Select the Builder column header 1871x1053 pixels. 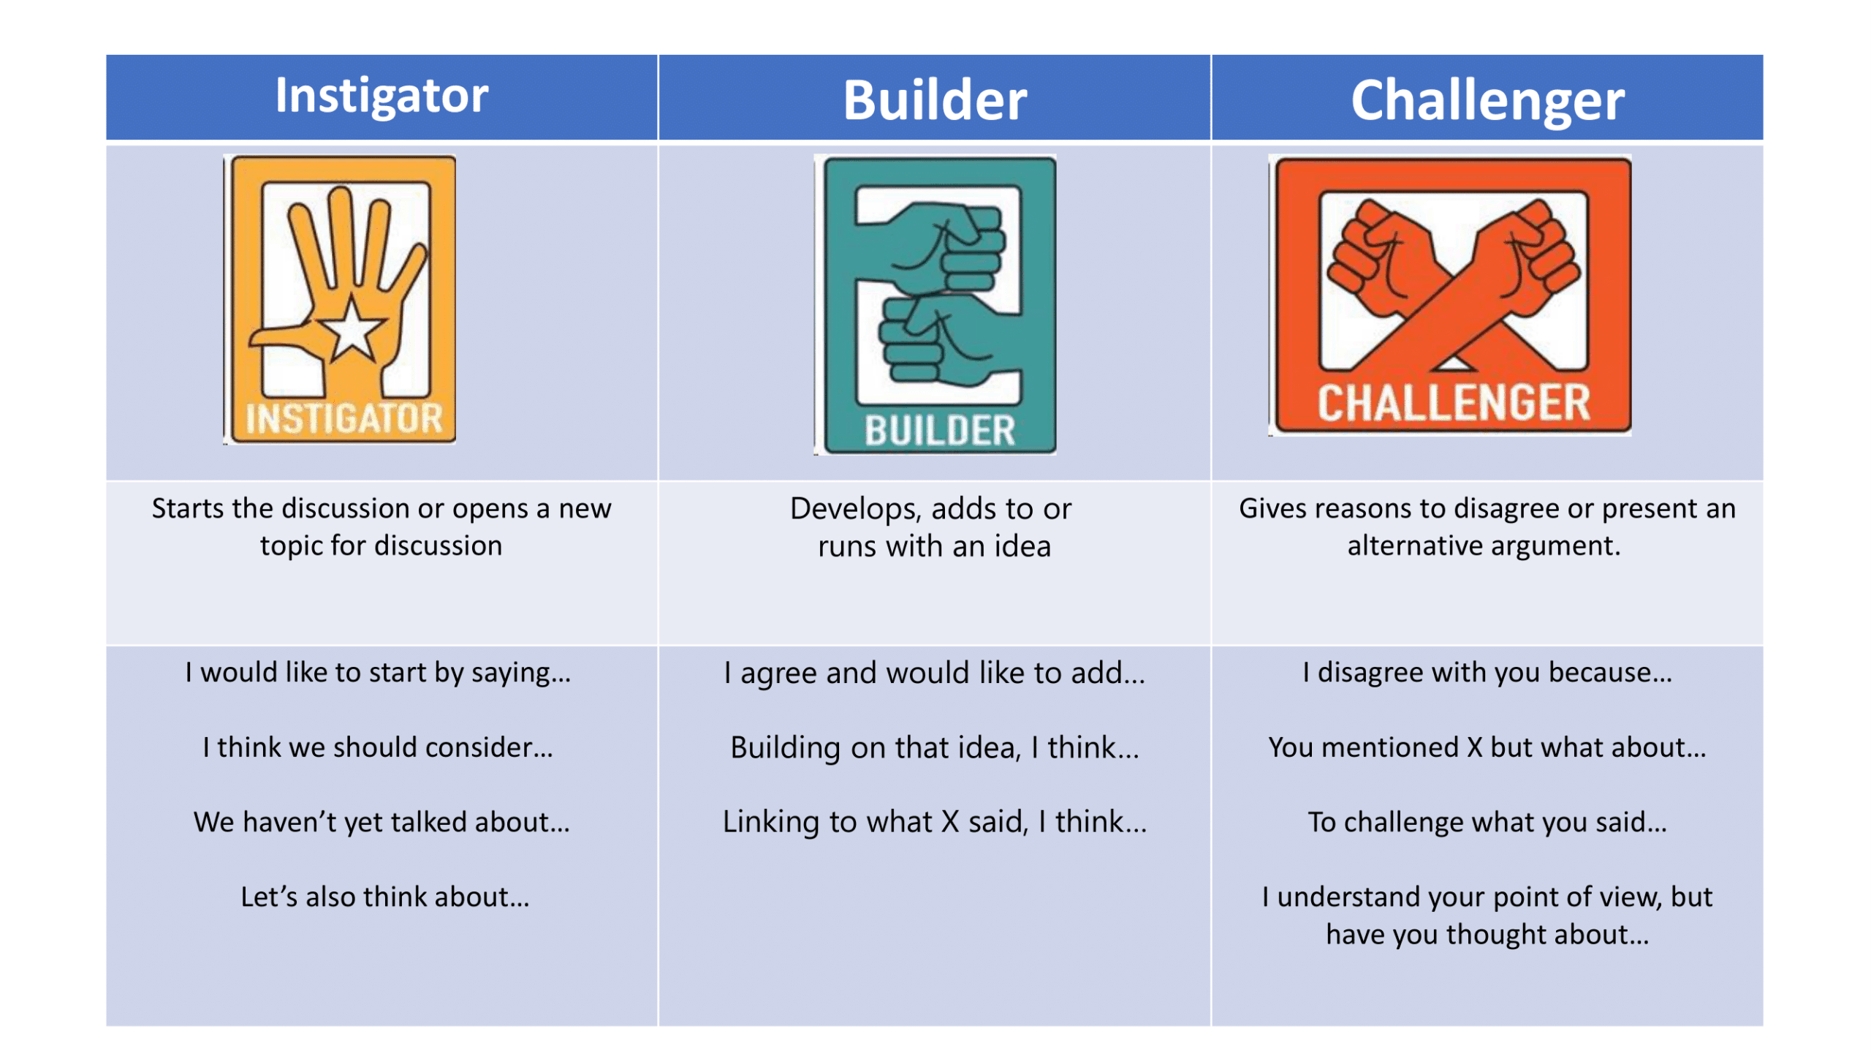click(x=935, y=99)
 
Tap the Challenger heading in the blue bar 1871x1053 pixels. click(x=1487, y=101)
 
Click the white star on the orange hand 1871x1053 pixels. click(x=352, y=328)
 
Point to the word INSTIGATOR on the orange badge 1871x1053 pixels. click(x=344, y=419)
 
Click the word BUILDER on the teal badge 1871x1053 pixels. click(x=941, y=431)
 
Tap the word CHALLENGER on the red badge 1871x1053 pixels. click(x=1454, y=403)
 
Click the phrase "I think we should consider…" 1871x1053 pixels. click(x=378, y=747)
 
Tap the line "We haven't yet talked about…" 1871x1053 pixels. click(x=382, y=823)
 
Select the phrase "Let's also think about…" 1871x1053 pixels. click(x=385, y=897)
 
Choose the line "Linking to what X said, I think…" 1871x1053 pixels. click(x=935, y=823)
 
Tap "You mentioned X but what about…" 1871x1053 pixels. click(x=1487, y=747)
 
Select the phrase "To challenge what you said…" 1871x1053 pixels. click(x=1487, y=823)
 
